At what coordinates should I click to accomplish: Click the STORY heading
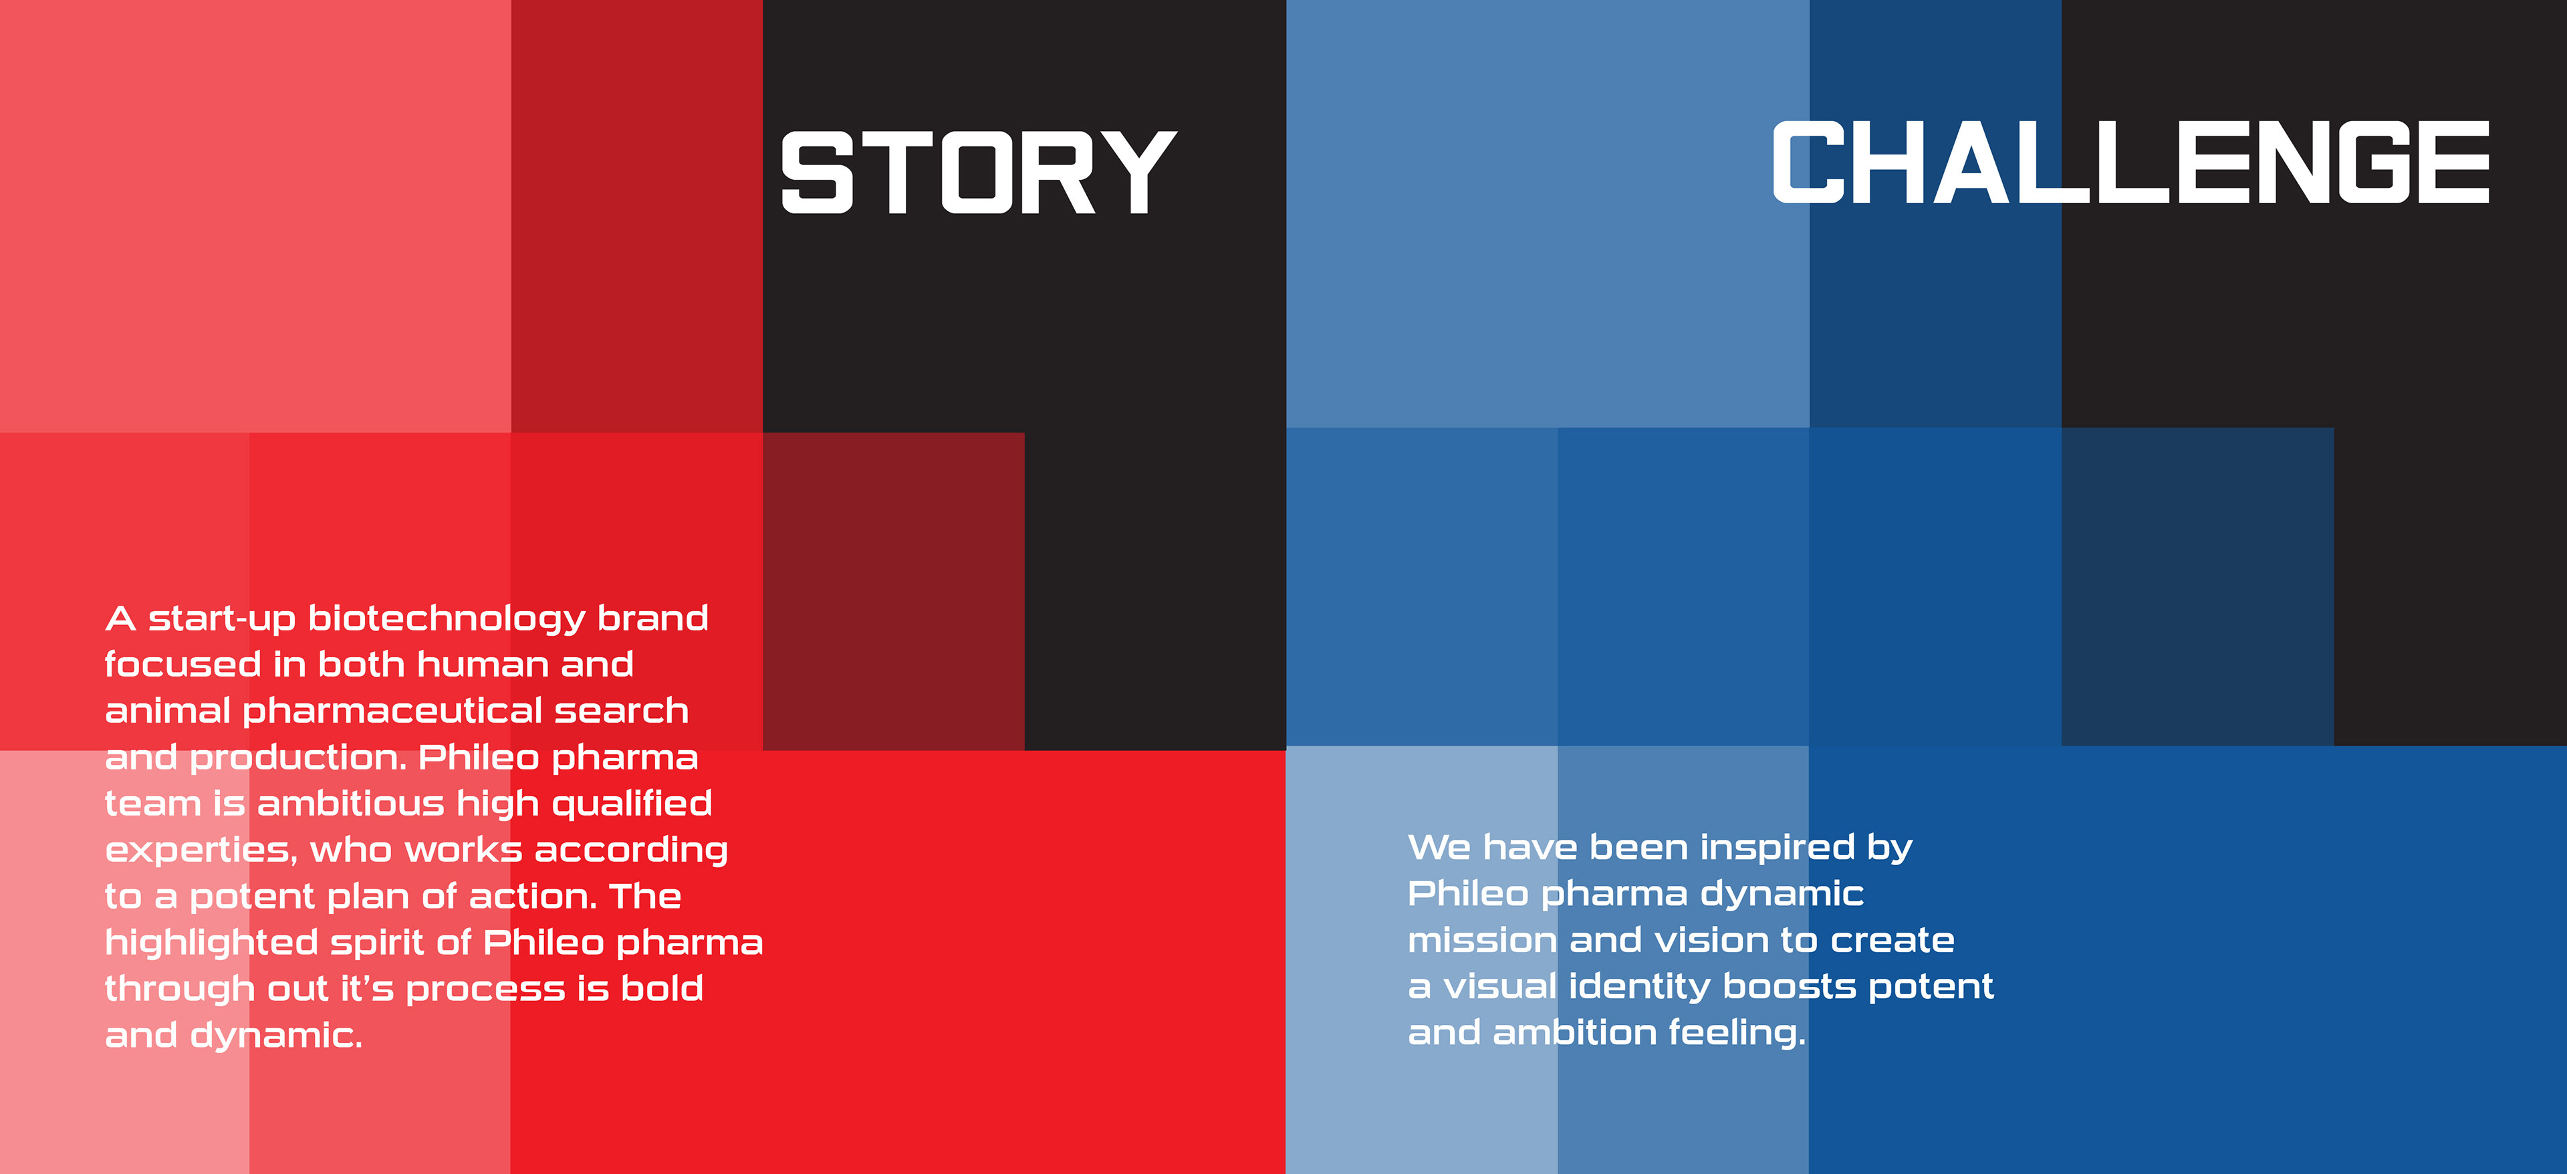click(x=979, y=172)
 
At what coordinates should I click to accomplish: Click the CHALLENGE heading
click(x=2130, y=162)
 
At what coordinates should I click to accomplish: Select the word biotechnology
click(x=447, y=620)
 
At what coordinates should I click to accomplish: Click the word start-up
click(x=221, y=620)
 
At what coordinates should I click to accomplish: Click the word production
click(x=298, y=758)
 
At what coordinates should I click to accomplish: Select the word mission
click(x=1482, y=940)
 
